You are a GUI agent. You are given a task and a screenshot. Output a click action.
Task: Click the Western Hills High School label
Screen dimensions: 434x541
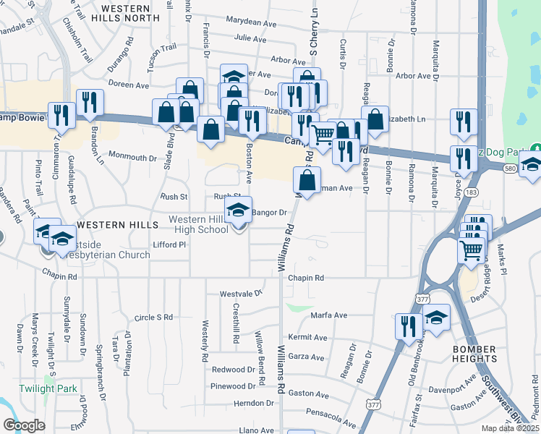pos(198,224)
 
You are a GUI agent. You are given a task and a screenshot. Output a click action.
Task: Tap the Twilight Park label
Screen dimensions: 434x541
pos(48,389)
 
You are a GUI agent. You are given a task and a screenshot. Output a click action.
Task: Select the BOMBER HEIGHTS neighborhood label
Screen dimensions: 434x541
pos(474,354)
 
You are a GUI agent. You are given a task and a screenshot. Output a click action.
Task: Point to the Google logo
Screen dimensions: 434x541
pos(24,425)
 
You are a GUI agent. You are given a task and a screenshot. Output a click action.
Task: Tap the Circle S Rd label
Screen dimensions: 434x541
pos(154,318)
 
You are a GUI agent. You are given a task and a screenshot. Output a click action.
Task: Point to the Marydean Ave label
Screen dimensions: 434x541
pos(251,22)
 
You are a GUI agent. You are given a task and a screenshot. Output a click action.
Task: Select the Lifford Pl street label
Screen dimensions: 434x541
pos(170,245)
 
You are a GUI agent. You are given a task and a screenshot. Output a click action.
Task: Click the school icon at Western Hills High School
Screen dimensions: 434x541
pos(239,210)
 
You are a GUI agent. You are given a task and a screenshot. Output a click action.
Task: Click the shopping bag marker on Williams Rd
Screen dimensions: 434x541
pos(307,180)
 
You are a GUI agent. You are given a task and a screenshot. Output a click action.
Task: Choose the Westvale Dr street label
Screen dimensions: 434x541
pos(241,294)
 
